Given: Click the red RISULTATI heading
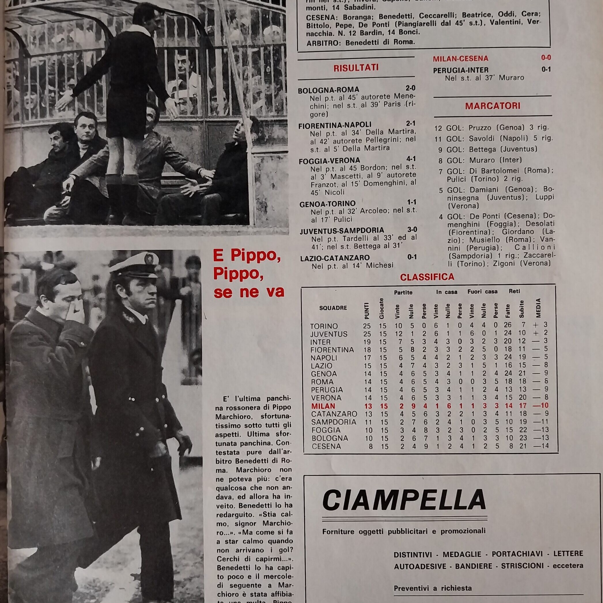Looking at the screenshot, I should pos(356,68).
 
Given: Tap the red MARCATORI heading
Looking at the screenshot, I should pos(493,106).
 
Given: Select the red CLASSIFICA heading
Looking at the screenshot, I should pos(427,277).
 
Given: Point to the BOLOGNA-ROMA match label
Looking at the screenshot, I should pos(328,90).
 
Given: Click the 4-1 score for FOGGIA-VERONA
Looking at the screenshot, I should pos(411,159).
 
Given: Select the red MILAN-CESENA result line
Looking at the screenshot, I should pos(460,58).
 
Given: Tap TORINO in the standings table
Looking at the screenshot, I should pos(324,326).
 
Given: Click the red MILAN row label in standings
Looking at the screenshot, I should pos(318,406).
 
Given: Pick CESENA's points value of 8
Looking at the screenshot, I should pos(371,446).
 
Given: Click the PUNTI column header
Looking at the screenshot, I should pos(367,311).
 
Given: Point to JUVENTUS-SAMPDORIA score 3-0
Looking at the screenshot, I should pos(412,230).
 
